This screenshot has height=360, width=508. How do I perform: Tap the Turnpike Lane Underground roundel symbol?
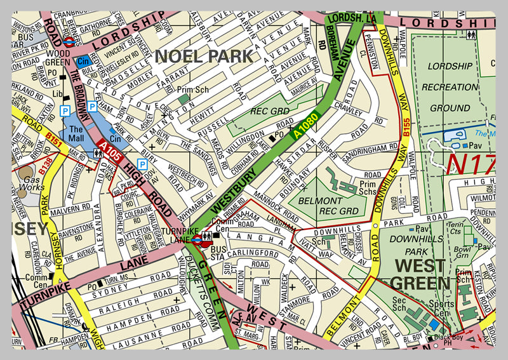[197, 239]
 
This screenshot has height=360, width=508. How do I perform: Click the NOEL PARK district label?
[204, 56]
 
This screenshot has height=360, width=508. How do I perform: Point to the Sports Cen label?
[442, 309]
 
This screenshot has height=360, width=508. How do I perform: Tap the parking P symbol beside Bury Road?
[142, 164]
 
